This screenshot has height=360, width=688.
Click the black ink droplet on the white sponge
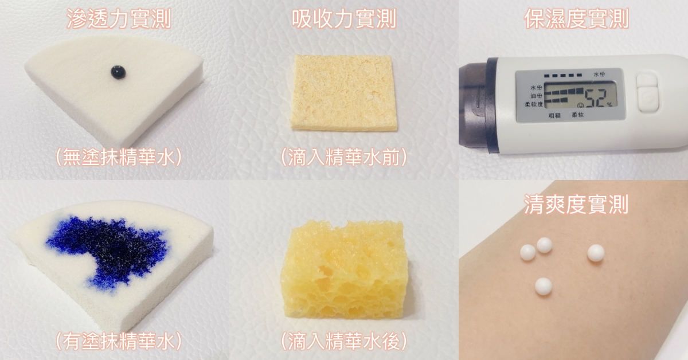tap(118, 72)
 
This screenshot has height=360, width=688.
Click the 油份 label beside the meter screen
tap(536, 96)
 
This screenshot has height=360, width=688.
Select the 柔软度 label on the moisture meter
tap(534, 104)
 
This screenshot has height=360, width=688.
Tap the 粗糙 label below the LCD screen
tap(555, 115)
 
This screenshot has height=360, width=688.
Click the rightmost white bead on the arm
tap(596, 253)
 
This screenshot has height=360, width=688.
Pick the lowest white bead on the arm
tap(544, 286)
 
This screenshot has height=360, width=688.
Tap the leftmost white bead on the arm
tap(528, 252)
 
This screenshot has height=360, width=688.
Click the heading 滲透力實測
tap(119, 19)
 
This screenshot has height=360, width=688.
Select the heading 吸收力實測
tap(344, 19)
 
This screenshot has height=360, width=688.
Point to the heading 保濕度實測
tap(576, 19)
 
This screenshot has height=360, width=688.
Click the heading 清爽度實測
tap(576, 204)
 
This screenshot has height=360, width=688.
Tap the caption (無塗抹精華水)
tap(119, 157)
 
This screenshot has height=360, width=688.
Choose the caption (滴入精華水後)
tap(344, 341)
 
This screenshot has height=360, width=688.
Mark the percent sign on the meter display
tap(609, 105)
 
